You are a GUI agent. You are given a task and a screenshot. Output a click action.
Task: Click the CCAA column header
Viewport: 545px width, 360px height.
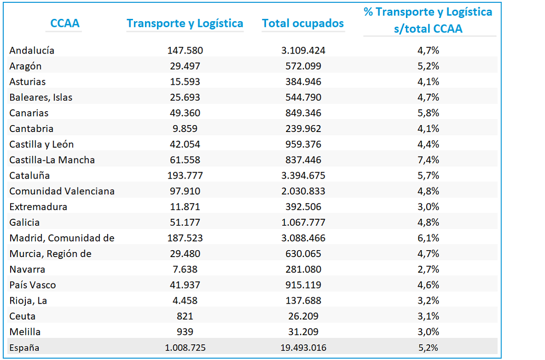[x=65, y=23]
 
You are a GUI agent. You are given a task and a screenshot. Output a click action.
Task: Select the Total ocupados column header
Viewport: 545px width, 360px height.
[x=303, y=23]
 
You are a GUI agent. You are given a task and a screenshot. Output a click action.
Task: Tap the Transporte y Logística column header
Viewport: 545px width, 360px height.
[x=185, y=24]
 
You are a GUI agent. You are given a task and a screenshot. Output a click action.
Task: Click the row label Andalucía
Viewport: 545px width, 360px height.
[x=31, y=51]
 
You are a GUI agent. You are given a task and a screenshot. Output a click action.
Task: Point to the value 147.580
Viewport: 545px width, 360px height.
[x=185, y=51]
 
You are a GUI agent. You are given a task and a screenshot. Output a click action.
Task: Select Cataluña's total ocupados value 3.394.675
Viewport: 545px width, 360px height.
[x=303, y=175]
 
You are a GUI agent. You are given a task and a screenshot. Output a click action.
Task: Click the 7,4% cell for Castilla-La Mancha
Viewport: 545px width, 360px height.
[x=428, y=160]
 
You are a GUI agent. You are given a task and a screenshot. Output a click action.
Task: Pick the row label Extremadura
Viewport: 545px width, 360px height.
[x=38, y=207]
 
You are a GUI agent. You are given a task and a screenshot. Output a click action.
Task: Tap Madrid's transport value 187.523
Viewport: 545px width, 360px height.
[x=185, y=238]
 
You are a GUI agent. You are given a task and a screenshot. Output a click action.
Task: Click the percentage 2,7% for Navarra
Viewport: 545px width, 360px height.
[x=428, y=269]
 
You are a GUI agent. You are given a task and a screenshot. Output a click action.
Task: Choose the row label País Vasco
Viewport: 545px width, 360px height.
[x=33, y=285]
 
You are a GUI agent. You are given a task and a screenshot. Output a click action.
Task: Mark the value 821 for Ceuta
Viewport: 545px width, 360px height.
[x=185, y=316]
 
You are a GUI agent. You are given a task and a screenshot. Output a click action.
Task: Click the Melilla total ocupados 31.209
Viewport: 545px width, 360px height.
[x=303, y=332]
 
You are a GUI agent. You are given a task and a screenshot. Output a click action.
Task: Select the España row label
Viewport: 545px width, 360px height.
[x=24, y=348]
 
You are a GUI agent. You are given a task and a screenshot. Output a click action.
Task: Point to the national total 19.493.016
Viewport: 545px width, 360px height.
[x=303, y=348]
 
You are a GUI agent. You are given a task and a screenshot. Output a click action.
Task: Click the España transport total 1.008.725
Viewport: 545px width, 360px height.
[x=185, y=348]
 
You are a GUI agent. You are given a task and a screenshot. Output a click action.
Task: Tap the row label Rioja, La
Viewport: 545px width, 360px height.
[x=28, y=301]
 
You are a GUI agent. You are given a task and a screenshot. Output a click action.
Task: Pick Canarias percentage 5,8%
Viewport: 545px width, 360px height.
[x=428, y=113]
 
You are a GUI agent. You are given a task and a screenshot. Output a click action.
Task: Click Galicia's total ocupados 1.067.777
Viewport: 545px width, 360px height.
[x=303, y=222]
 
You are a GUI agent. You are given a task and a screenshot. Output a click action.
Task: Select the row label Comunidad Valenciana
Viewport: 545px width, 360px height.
[x=62, y=191]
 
